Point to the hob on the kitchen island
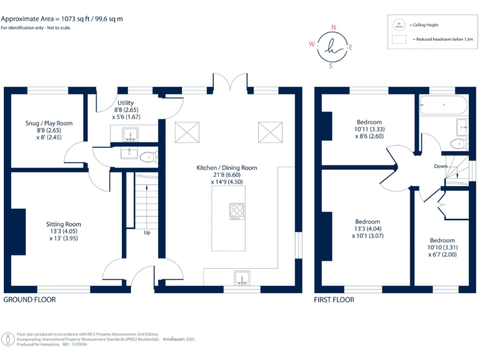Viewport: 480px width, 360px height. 237,211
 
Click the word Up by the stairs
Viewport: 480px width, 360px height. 147,232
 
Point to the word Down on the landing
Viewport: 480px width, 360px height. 441,166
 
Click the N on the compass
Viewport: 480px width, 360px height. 334,27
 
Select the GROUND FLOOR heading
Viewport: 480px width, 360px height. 30,300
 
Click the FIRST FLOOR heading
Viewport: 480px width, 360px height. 334,300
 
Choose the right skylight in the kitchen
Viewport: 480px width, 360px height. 270,132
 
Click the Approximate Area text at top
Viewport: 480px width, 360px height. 62,19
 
